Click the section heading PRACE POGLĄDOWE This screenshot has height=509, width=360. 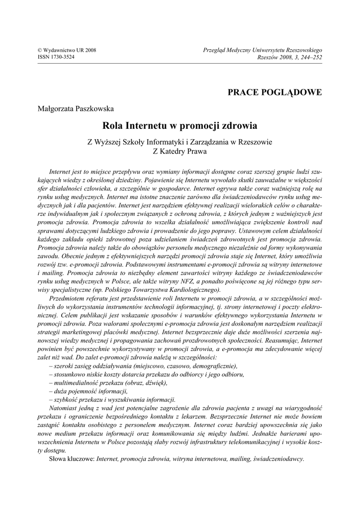274,92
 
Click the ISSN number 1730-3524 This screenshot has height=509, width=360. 56,57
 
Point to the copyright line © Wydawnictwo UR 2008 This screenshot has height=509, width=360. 67,50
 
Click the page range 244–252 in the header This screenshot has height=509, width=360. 310,57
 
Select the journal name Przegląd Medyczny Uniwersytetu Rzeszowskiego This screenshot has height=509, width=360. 263,50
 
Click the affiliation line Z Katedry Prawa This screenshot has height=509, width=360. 180,152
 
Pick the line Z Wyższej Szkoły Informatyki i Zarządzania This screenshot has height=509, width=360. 180,142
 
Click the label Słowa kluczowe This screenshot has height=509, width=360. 72,459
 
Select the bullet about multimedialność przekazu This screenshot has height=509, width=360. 108,383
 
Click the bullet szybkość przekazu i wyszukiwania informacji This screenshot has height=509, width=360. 112,400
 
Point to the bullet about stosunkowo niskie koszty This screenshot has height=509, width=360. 147,374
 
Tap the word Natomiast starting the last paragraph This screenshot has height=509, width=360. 64,408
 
